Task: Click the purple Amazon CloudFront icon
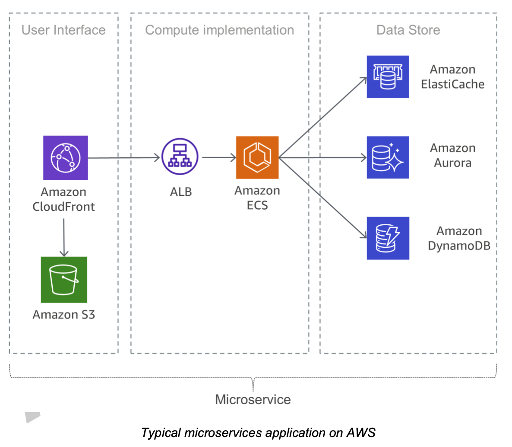(x=66, y=158)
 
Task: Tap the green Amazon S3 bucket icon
(x=64, y=280)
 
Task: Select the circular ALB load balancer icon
(x=180, y=157)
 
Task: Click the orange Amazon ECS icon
(x=257, y=157)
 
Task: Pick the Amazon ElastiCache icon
(x=388, y=77)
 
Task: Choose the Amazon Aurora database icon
(x=388, y=157)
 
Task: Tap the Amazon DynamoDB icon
(x=388, y=238)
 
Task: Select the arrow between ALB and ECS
(x=218, y=157)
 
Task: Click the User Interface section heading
(x=63, y=30)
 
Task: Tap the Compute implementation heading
(x=219, y=30)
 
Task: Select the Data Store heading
(x=408, y=30)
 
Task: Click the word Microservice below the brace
(x=253, y=399)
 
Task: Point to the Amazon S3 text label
(x=64, y=314)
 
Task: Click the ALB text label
(x=180, y=192)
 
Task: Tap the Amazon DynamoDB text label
(x=459, y=238)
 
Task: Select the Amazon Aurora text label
(x=452, y=155)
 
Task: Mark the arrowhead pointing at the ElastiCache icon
(x=364, y=80)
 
